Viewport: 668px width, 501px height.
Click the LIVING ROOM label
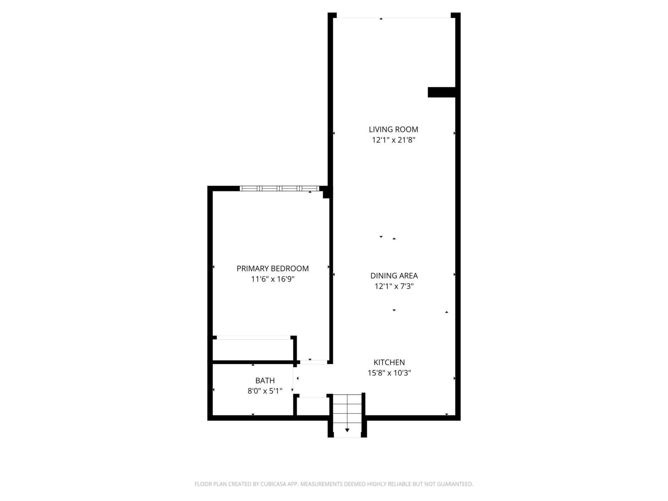(x=393, y=129)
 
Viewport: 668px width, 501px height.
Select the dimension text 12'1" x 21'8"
(x=393, y=140)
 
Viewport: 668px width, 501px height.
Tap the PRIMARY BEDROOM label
(x=272, y=269)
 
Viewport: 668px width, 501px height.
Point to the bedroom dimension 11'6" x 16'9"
(x=272, y=279)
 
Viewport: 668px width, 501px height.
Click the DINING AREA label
(x=394, y=276)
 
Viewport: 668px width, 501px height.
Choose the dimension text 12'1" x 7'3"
(x=394, y=286)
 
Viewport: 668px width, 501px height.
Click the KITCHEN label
(x=389, y=362)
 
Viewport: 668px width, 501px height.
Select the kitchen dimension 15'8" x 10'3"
(x=389, y=373)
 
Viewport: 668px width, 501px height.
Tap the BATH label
(x=265, y=381)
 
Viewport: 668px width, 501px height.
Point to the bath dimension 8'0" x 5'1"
(x=265, y=391)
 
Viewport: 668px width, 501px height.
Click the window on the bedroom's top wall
(x=279, y=189)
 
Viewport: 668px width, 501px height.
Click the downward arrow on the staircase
(x=347, y=430)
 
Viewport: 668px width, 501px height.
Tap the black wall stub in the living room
(x=441, y=92)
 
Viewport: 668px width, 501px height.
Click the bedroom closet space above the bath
(x=253, y=350)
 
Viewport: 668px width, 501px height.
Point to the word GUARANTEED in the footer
(x=457, y=484)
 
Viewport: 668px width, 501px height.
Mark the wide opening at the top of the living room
(x=393, y=17)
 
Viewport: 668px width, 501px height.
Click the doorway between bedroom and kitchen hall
(x=313, y=362)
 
